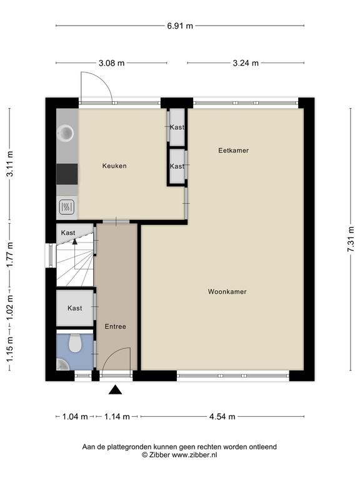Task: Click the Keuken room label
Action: tap(114, 166)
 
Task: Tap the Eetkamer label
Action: tap(233, 150)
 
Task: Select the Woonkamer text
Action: tap(227, 292)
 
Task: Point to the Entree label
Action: tap(116, 327)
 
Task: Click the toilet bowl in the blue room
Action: tap(75, 343)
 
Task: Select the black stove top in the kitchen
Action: tap(67, 174)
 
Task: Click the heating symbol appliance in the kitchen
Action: tap(67, 207)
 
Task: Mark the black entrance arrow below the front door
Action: tap(116, 390)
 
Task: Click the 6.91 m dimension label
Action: tap(180, 26)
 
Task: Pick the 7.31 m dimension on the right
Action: tap(351, 239)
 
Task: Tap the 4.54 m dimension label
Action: tap(222, 417)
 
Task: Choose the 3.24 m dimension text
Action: tap(246, 63)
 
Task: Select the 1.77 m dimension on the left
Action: tap(10, 254)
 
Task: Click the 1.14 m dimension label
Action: tap(117, 417)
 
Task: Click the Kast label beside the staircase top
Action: tap(68, 233)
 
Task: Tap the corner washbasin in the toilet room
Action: tap(62, 364)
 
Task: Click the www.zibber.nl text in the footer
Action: tap(194, 455)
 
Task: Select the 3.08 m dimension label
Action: tap(111, 63)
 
